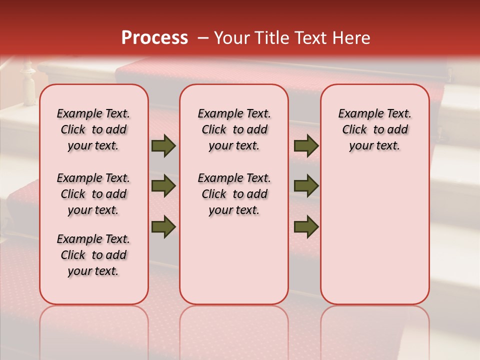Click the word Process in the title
(x=154, y=38)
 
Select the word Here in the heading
(x=352, y=38)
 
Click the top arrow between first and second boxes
(x=163, y=146)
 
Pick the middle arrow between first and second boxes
(x=163, y=186)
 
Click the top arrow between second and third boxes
(x=306, y=146)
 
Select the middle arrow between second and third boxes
(x=306, y=186)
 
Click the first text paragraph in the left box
(x=93, y=129)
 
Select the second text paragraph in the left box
(x=93, y=194)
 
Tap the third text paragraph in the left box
(x=93, y=255)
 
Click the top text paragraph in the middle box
(x=234, y=129)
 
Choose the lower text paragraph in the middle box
(x=234, y=194)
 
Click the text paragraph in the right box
(x=374, y=129)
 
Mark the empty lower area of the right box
(x=374, y=235)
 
